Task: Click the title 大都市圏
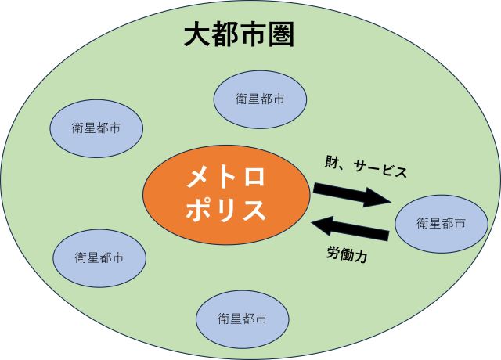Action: click(239, 34)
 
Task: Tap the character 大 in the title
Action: click(196, 34)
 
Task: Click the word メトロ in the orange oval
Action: click(226, 178)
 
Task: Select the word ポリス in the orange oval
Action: click(226, 210)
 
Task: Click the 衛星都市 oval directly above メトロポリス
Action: click(259, 99)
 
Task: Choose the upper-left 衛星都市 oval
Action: click(96, 127)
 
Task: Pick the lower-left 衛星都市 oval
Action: click(99, 257)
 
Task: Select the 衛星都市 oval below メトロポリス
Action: click(242, 319)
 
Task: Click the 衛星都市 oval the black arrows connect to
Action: click(441, 224)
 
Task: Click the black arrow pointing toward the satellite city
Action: click(351, 194)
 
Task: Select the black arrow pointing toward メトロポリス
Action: click(351, 229)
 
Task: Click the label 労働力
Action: click(346, 254)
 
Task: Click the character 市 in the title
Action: click(252, 34)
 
